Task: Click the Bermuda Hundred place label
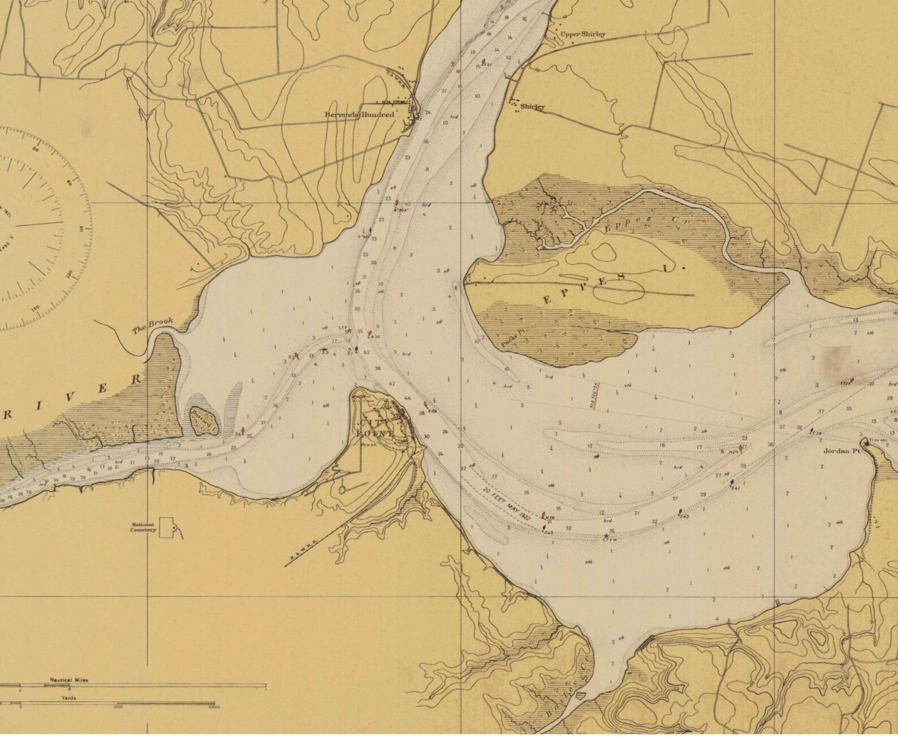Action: [359, 114]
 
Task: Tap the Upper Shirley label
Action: [583, 34]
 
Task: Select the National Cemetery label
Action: [143, 527]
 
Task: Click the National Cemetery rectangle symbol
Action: [167, 527]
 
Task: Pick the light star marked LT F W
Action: [607, 536]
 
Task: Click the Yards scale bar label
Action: [70, 698]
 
